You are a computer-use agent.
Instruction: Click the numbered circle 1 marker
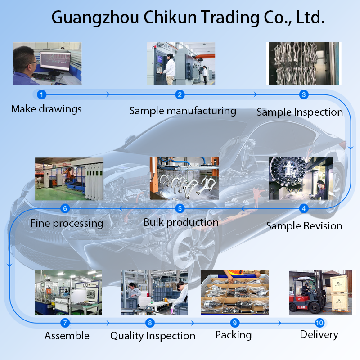pos(41,94)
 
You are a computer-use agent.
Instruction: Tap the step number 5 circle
pos(180,208)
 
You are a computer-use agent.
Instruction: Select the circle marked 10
pos(319,323)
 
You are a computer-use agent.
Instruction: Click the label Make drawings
pos(46,109)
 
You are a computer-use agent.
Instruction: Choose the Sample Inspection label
pos(300,112)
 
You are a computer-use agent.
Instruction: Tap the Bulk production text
pos(181,222)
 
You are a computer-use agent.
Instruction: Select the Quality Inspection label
pos(153,336)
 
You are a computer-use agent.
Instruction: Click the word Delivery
pos(319,334)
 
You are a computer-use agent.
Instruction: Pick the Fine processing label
pos(67,223)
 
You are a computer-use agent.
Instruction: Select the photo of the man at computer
pos(47,63)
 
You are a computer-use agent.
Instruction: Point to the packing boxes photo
pos(234,292)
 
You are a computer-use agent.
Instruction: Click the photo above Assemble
pos(68,292)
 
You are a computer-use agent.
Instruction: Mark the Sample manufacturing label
pos(183,111)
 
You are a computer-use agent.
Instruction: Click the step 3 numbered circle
pos(304,94)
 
